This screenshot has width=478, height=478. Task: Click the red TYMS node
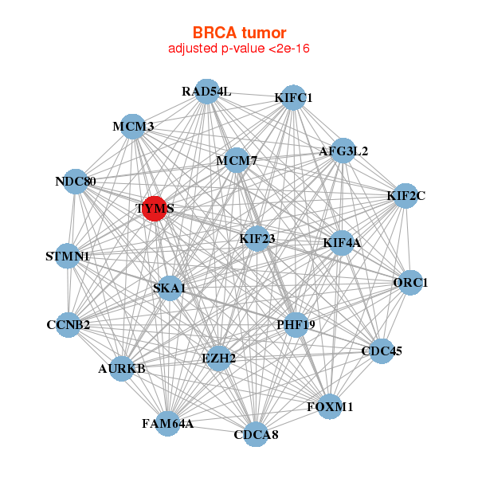tap(154, 208)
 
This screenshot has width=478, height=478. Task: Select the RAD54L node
tap(206, 91)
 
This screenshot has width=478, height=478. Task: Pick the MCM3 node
tap(133, 126)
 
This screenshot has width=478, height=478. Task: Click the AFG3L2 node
tap(343, 151)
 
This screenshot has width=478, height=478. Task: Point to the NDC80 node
tap(76, 181)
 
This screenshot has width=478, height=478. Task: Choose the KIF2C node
tap(406, 195)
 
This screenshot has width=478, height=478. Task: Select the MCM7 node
tap(237, 160)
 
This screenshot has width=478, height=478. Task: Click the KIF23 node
tap(257, 237)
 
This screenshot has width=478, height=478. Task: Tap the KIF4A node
tap(342, 242)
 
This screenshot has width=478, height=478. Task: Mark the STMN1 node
tap(68, 257)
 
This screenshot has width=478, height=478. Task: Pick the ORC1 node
tap(410, 282)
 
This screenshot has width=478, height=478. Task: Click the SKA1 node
tap(169, 288)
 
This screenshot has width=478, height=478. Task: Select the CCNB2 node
tap(69, 324)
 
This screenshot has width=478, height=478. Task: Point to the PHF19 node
tap(296, 324)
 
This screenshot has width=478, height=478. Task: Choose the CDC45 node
tap(381, 351)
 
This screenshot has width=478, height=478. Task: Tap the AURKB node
tap(121, 368)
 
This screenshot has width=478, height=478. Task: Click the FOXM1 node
tap(329, 406)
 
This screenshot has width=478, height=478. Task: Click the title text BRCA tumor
tap(238, 33)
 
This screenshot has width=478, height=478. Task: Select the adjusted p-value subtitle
tap(238, 49)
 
